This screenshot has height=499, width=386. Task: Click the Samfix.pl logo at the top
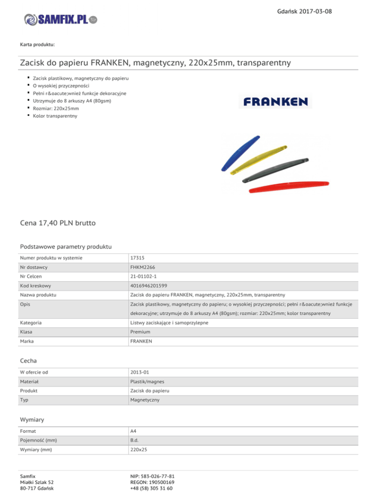60,20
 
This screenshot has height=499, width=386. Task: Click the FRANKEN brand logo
275,102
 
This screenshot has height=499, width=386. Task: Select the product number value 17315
137,258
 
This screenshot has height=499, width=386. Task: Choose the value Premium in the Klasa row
140,332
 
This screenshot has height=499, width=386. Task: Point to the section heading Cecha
28,360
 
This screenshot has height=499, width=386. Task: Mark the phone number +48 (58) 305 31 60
152,488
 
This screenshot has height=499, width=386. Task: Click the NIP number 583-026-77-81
152,475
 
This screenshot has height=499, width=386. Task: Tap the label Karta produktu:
37,45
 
